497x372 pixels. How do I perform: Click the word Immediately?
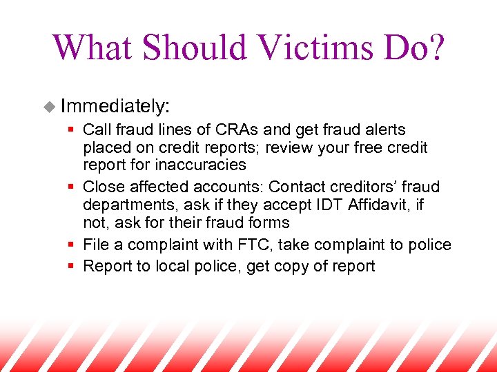coord(115,106)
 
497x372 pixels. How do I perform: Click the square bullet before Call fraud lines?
coord(72,130)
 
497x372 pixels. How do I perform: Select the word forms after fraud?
coord(271,223)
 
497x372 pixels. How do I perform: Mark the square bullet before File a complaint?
coord(72,245)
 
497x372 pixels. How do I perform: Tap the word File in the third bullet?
coord(95,245)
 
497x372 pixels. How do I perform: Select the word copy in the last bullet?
coord(293,267)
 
